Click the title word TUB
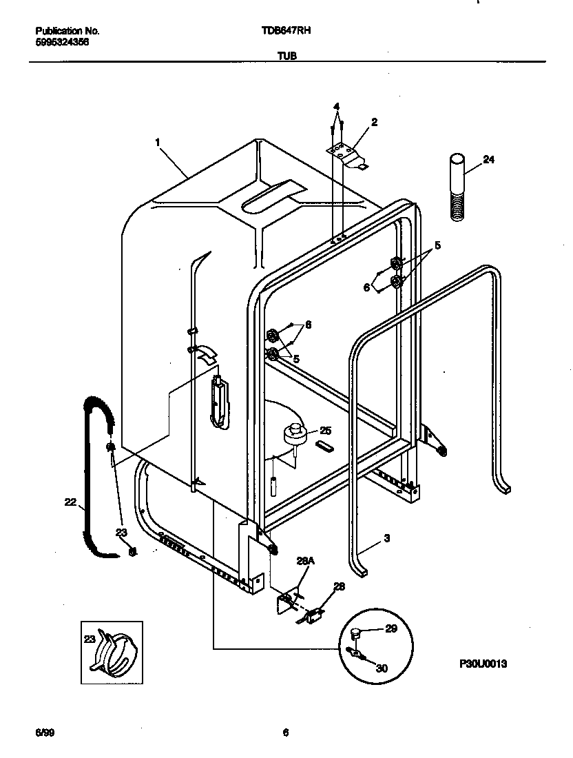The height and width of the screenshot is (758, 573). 288,57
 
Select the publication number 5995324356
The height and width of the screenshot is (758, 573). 61,42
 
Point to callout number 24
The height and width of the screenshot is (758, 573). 488,160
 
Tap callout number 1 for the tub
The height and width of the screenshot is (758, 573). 158,143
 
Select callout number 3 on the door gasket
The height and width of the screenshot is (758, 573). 387,539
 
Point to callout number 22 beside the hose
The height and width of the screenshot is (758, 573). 70,503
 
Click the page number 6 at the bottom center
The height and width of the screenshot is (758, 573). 285,733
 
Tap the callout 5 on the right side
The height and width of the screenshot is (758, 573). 437,245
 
